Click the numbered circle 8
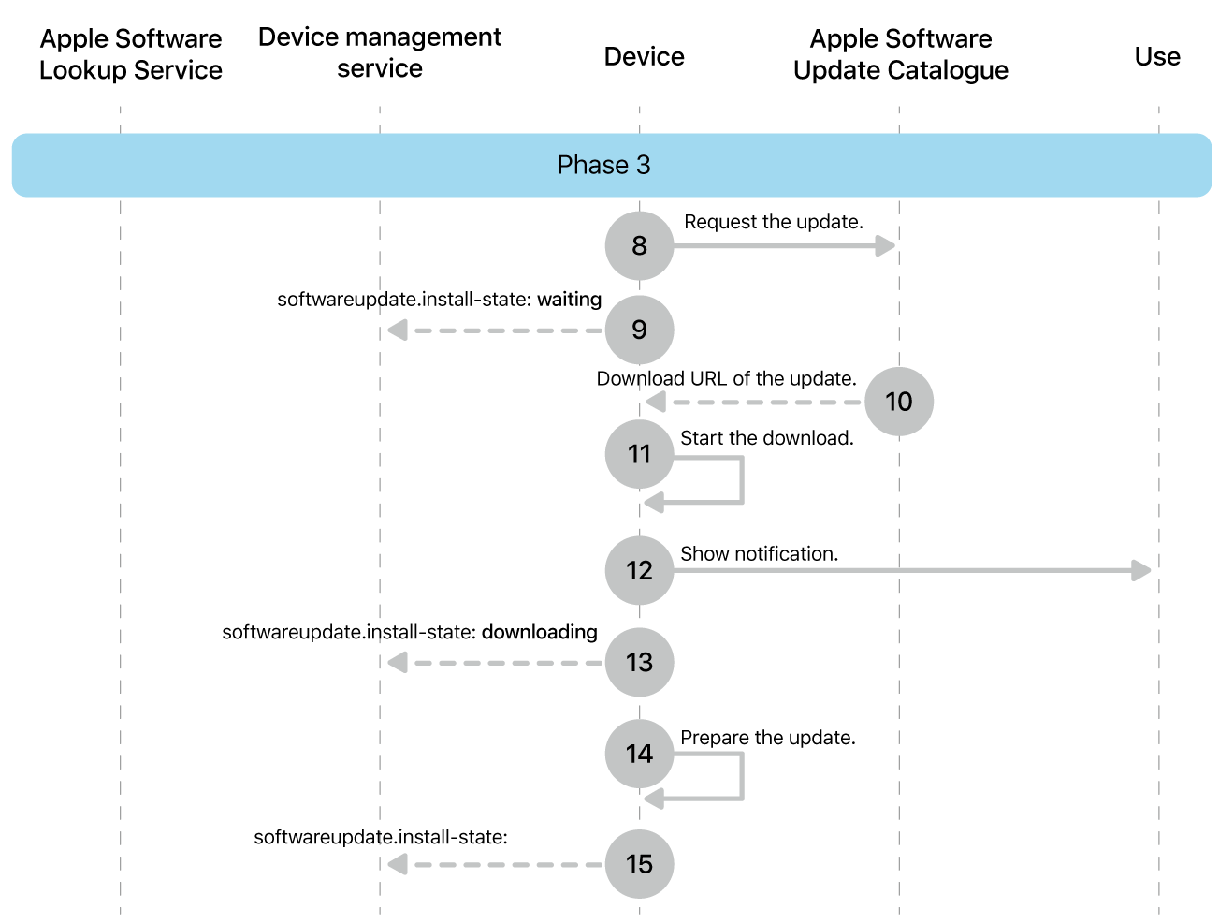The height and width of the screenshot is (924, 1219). pyautogui.click(x=639, y=245)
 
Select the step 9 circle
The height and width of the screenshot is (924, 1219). pyautogui.click(x=639, y=330)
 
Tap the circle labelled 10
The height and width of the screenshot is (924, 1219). pyautogui.click(x=898, y=402)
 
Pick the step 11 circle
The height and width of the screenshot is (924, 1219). pyautogui.click(x=639, y=454)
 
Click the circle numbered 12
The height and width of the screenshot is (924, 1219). pyautogui.click(x=639, y=570)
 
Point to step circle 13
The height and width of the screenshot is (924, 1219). pyautogui.click(x=639, y=662)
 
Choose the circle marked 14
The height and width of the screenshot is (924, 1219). pyautogui.click(x=639, y=754)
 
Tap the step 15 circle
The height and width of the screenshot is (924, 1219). pyautogui.click(x=639, y=864)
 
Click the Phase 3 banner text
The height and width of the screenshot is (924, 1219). pyautogui.click(x=603, y=165)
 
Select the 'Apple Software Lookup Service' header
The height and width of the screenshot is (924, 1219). pyautogui.click(x=131, y=54)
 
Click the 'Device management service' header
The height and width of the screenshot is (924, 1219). pyautogui.click(x=380, y=52)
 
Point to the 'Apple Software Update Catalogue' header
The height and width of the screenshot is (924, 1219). pyautogui.click(x=900, y=54)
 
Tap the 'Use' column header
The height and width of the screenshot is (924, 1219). pyautogui.click(x=1157, y=57)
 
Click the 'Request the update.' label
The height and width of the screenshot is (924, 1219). pyautogui.click(x=774, y=222)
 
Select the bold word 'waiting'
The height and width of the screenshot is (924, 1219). pyautogui.click(x=569, y=300)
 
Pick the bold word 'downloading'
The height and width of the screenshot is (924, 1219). pyautogui.click(x=539, y=632)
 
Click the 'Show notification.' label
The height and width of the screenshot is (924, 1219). pyautogui.click(x=759, y=553)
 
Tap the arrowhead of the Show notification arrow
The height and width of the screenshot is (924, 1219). pyautogui.click(x=1141, y=570)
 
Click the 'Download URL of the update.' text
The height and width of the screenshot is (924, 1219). pyautogui.click(x=726, y=378)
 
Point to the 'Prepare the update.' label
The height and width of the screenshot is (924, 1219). pyautogui.click(x=767, y=738)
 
